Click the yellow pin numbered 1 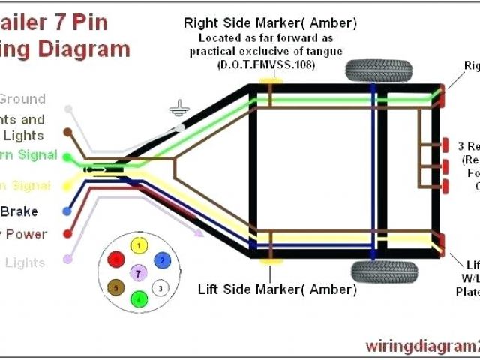tap(137, 245)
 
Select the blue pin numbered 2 tap(160, 259)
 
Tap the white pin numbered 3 tap(159, 286)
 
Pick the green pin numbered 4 tap(137, 299)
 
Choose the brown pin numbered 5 tap(115, 286)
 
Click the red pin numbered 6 tap(115, 259)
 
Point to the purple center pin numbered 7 tap(137, 272)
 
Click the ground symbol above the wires tap(178, 110)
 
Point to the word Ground tap(22, 99)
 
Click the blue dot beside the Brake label tap(67, 212)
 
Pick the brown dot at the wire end tap(67, 133)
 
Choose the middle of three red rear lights tap(446, 164)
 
